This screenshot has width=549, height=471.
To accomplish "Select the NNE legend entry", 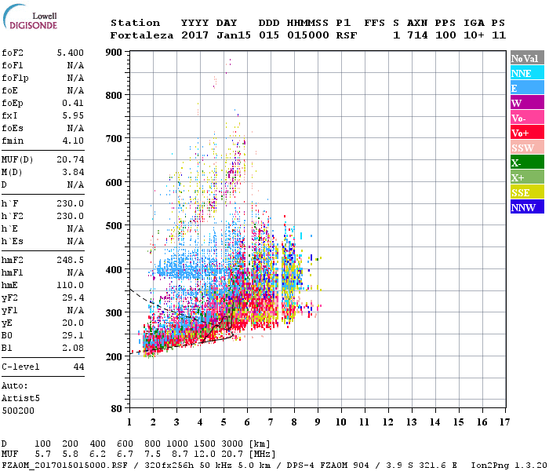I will pyautogui.click(x=527, y=73).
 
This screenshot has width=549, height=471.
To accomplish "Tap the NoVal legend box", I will pyautogui.click(x=527, y=58).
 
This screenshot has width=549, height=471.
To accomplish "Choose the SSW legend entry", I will pyautogui.click(x=527, y=148).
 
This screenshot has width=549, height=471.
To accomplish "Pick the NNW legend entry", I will pyautogui.click(x=527, y=207).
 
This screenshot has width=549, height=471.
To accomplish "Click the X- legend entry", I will pyautogui.click(x=527, y=162).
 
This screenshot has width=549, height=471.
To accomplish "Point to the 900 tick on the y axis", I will pyautogui.click(x=115, y=53).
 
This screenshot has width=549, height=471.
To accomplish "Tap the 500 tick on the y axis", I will pyautogui.click(x=115, y=226).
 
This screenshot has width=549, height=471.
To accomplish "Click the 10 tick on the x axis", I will pyautogui.click(x=341, y=423).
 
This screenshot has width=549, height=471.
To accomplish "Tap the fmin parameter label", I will pyautogui.click(x=13, y=141).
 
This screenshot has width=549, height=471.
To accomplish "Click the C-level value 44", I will pyautogui.click(x=78, y=367).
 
